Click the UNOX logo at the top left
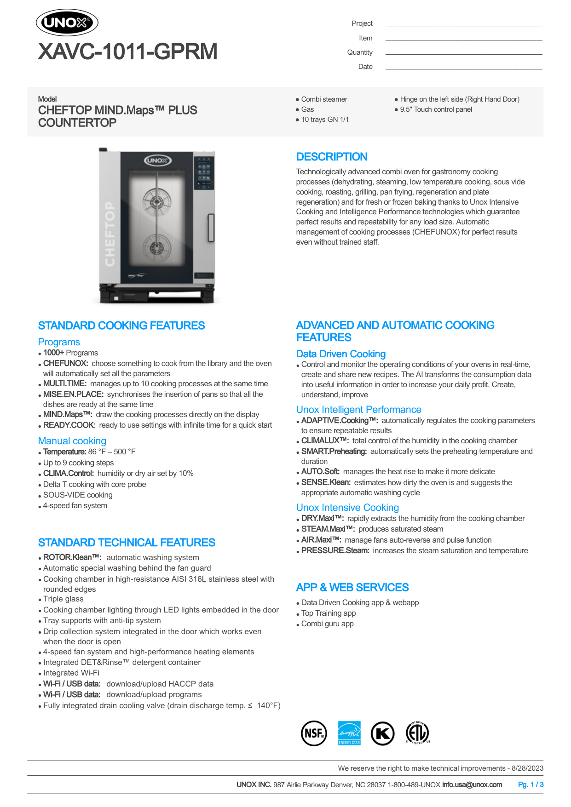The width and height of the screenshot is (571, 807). coord(67,23)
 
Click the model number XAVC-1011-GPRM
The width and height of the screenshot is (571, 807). coord(127,52)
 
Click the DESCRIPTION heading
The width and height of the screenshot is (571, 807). coord(331,157)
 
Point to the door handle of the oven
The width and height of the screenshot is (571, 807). coord(211,227)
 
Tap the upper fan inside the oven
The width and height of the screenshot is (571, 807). coord(156,201)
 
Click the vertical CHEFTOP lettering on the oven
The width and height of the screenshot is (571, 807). coord(110,234)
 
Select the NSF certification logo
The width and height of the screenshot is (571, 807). coord(314,733)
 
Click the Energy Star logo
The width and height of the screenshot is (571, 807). coord(349,733)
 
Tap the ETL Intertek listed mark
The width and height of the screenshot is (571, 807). coord(417,733)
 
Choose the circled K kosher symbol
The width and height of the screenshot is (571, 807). coord(383,733)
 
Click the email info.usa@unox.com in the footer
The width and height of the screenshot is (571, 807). coord(472,784)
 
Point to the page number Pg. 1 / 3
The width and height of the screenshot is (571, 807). coord(531,784)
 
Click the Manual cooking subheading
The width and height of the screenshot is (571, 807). coord(72,441)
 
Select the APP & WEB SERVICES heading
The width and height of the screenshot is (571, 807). coord(352,588)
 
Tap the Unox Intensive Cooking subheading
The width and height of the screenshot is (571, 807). coord(347,508)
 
